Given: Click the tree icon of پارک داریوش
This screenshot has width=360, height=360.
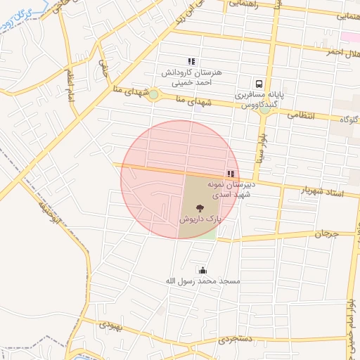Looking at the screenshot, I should pos(200,208).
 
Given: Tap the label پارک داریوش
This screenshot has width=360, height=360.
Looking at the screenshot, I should pos(200,219).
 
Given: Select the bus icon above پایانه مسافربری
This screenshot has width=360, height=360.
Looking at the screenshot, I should pos(259,82).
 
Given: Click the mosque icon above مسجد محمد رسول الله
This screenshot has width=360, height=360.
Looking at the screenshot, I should pos(203,270).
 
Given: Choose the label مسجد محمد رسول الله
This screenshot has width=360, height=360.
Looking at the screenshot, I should pos(202,281).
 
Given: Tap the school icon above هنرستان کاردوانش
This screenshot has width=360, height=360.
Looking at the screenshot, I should pos(191,62).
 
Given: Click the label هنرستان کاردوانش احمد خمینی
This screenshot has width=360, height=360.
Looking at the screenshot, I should pos(192,77).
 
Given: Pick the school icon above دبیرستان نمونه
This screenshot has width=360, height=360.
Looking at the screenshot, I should pos(231,173).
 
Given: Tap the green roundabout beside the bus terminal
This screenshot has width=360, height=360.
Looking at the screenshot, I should pos(265,109).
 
